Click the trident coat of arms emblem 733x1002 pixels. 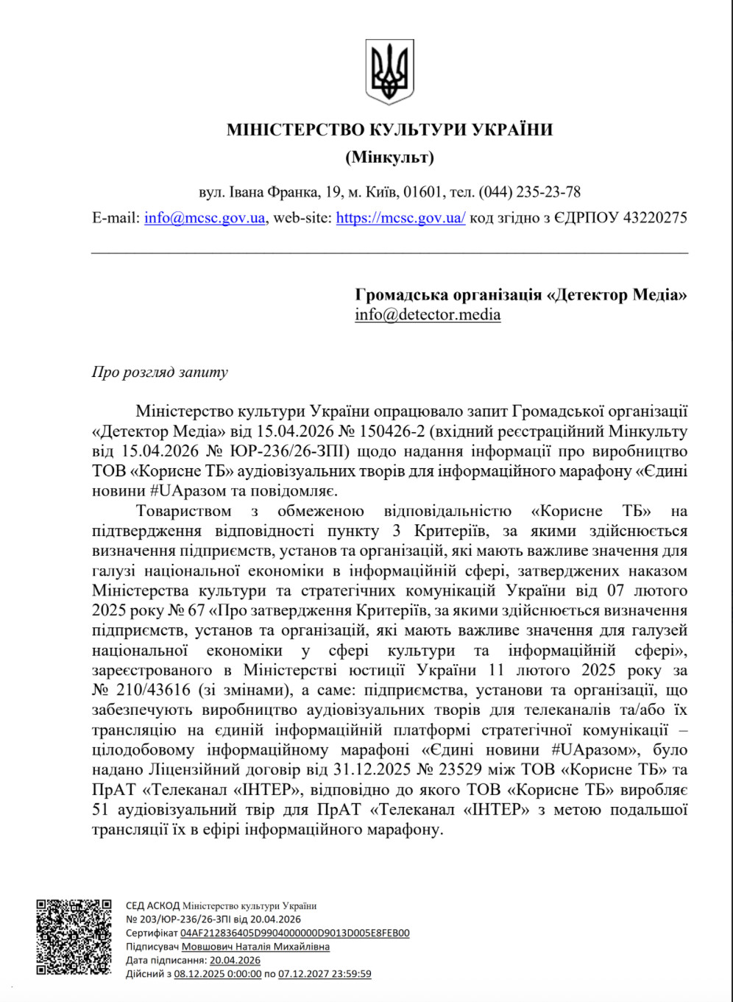coord(389,72)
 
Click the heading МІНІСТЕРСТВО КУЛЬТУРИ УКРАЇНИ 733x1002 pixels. coord(389,130)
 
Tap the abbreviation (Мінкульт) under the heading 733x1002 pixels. coord(389,158)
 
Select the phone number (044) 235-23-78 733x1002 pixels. coord(530,193)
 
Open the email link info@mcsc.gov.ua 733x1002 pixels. coord(205,218)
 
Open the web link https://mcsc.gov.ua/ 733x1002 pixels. coord(400,218)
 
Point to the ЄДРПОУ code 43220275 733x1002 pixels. coord(655,218)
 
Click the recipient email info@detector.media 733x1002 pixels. coord(428,315)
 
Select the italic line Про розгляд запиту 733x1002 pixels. coord(160,373)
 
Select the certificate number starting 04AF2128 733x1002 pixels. coord(294,933)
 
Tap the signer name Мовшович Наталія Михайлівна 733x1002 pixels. coord(255,947)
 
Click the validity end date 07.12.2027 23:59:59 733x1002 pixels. coord(325,974)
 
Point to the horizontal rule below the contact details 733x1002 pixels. coord(389,253)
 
